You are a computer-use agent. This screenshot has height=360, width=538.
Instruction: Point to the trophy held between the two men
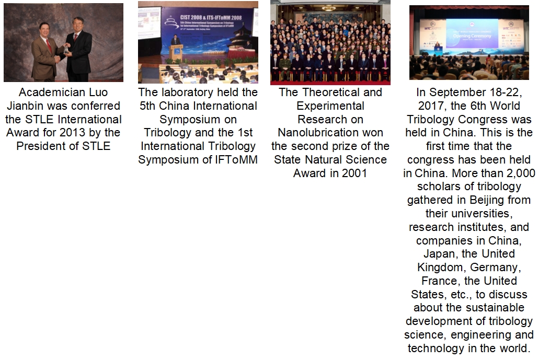pos(65,50)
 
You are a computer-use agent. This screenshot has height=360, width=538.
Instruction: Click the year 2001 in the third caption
pos(353,173)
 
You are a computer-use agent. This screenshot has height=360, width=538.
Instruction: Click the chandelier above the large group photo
pos(329,7)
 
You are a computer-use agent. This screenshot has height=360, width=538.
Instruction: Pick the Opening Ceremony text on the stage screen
pos(472,36)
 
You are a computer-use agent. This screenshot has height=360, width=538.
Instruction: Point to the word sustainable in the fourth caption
pos(494,308)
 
